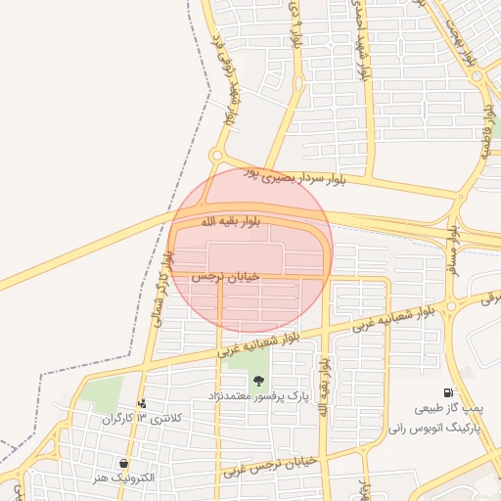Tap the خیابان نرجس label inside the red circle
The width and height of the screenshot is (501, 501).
pyautogui.click(x=226, y=277)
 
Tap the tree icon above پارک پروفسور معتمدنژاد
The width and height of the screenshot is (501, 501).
pyautogui.click(x=259, y=382)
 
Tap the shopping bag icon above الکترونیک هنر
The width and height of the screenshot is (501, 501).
pyautogui.click(x=124, y=462)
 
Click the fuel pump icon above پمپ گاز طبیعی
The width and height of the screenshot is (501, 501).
pyautogui.click(x=448, y=392)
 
